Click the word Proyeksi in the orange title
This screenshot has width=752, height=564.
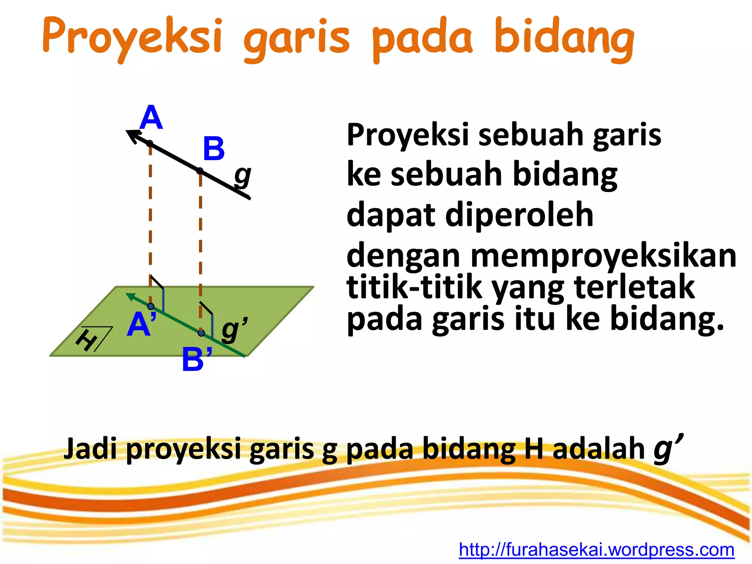coord(132,37)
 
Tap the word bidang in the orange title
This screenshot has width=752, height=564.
coord(564,37)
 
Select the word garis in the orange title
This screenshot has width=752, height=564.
coord(297,39)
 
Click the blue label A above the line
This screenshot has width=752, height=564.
coord(151,118)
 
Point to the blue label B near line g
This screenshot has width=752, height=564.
coord(213,149)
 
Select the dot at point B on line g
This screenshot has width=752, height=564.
coord(200,171)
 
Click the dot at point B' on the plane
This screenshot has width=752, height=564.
coord(201,333)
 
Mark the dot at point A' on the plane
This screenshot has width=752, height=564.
coord(151,306)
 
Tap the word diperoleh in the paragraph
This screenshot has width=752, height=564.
coord(519,215)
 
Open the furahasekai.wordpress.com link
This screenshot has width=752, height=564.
coord(596,550)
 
